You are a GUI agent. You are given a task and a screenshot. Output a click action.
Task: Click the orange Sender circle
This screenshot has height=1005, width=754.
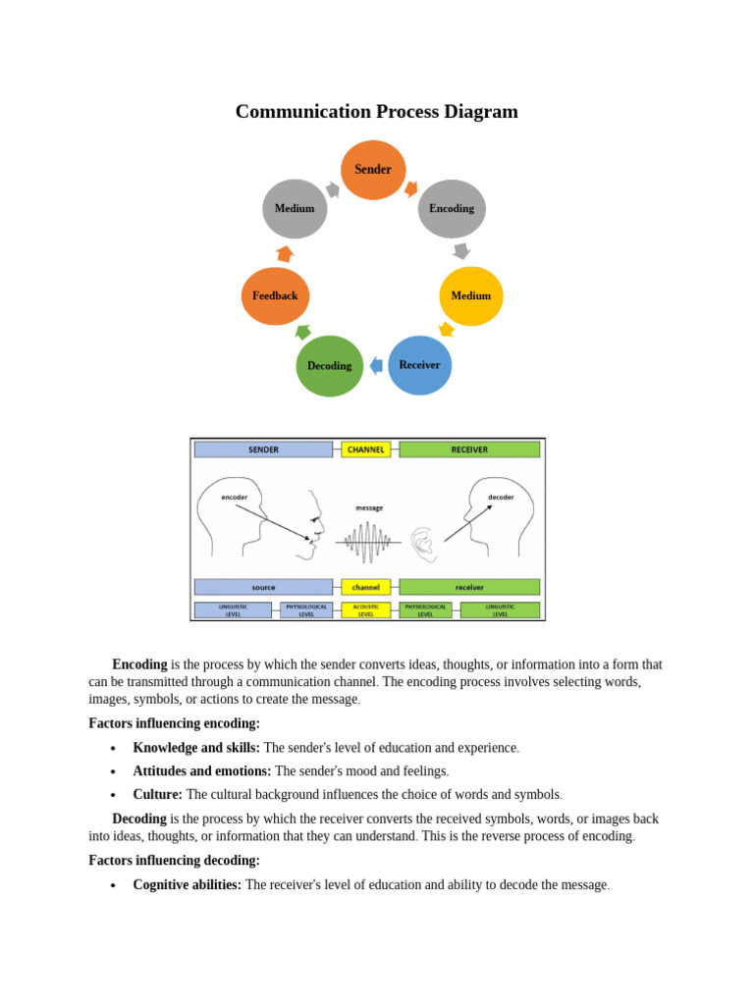tap(373, 170)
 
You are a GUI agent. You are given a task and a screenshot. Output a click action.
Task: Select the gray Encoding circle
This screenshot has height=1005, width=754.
tap(452, 208)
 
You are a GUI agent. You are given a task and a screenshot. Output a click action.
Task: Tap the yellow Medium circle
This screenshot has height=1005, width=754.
tap(470, 295)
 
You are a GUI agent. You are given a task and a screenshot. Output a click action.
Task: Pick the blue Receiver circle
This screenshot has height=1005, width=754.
tap(419, 365)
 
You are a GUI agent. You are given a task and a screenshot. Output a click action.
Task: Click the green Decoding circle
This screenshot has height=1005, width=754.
tap(330, 366)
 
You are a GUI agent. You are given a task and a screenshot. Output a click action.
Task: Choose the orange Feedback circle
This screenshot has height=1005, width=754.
tap(275, 295)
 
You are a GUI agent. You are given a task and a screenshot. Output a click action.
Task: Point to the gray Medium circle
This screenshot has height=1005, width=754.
tap(295, 208)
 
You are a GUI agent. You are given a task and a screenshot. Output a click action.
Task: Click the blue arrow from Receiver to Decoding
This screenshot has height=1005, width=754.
tap(376, 366)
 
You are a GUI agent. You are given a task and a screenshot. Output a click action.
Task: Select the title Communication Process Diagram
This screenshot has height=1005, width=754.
tap(376, 112)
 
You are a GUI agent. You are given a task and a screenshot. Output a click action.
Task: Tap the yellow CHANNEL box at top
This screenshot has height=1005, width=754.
tap(366, 450)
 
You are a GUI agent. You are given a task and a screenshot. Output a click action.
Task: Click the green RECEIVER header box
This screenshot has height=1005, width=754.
tap(469, 450)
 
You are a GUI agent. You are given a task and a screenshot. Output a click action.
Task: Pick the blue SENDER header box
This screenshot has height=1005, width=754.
tap(263, 450)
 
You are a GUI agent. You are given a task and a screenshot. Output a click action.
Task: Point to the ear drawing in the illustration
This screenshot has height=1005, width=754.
tap(423, 543)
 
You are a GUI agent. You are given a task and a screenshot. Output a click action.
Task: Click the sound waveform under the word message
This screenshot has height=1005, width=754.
tap(367, 541)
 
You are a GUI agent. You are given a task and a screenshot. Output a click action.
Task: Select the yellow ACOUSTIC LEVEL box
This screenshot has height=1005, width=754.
tap(366, 610)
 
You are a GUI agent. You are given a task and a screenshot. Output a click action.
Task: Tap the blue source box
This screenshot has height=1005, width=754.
tap(263, 587)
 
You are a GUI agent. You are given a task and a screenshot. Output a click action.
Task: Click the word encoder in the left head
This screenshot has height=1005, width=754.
tap(235, 497)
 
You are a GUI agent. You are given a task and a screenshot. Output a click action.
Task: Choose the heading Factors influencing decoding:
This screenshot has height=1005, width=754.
tap(174, 861)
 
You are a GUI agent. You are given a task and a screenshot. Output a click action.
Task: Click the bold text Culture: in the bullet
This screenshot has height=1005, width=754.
tap(157, 794)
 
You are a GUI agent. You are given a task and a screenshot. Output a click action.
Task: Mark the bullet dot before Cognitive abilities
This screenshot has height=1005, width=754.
tap(113, 885)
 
